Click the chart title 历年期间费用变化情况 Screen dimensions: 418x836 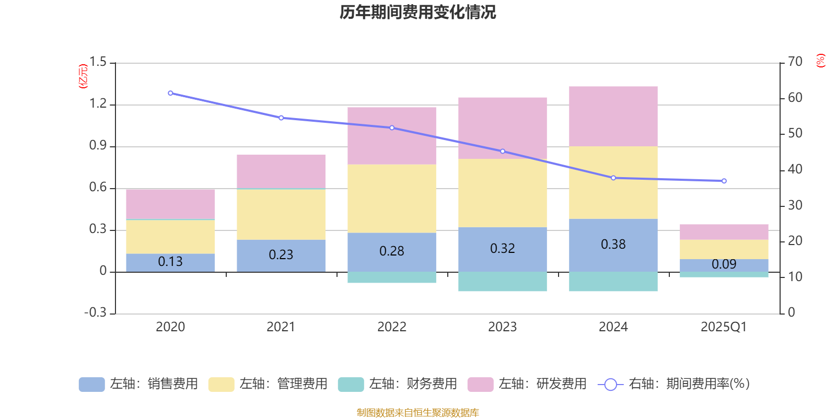tap(417, 12)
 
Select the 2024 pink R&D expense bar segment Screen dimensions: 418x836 tap(613, 116)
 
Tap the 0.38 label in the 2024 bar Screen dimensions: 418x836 tap(613, 245)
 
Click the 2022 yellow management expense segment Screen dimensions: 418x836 tap(391, 199)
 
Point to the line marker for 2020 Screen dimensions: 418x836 tap(170, 93)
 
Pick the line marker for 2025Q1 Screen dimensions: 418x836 tap(724, 181)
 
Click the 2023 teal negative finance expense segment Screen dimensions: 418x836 tap(502, 282)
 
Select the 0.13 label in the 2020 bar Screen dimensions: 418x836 tap(170, 262)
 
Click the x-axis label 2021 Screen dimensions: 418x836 tap(281, 327)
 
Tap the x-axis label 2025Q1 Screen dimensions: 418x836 tap(724, 327)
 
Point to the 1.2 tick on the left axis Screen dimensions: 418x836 tap(98, 104)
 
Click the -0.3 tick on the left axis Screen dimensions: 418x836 tap(95, 312)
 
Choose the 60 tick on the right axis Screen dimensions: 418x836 tap(795, 98)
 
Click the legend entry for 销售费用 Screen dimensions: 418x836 tap(138, 384)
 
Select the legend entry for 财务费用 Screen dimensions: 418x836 tap(398, 384)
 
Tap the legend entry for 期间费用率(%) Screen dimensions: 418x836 tap(674, 384)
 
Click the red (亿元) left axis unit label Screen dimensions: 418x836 tap(83, 76)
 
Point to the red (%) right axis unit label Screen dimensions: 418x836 tap(820, 61)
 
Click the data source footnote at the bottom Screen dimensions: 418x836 tap(417, 413)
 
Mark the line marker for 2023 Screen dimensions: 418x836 tap(502, 152)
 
